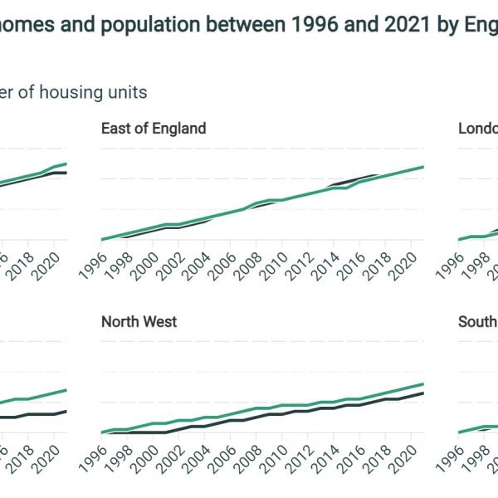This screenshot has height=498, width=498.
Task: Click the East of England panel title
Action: point(154,129)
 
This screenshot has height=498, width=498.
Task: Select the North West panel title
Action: point(139,321)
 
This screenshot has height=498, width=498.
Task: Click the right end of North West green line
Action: point(423,384)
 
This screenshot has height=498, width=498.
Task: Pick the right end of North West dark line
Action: point(423,393)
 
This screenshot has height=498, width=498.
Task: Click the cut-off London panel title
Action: point(478,129)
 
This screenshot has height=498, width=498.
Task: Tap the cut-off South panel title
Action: point(478,321)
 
